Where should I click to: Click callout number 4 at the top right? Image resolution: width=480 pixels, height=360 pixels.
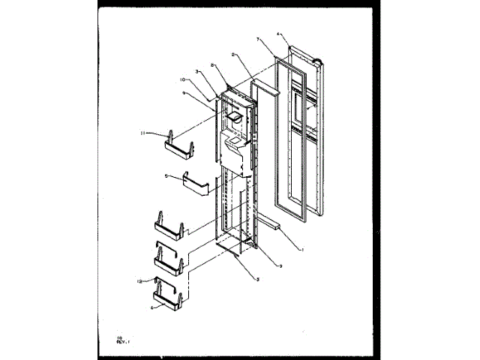tap(278, 34)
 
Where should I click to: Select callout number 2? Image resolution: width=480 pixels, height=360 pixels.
tap(234, 55)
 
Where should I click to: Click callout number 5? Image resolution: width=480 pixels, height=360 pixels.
tap(166, 177)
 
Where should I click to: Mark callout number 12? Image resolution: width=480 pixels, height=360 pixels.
tap(139, 281)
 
